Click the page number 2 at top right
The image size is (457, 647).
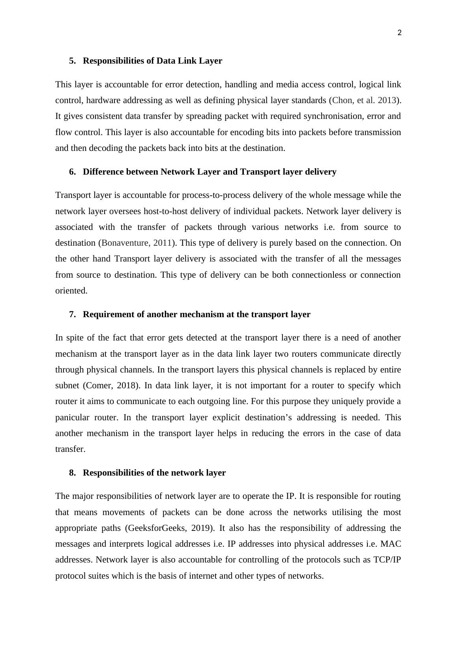coord(399,33)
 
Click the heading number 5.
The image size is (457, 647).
coord(72,61)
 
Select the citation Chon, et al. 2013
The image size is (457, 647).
coord(364,100)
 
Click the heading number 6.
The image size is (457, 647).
coord(72,172)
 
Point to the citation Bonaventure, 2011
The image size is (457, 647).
coord(137,243)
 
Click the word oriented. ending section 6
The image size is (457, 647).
coord(71,291)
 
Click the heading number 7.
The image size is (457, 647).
coord(72,314)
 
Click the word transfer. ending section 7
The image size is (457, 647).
coord(70,449)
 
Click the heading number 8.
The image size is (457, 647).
coord(72,473)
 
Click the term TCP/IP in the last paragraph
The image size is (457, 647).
coord(387,560)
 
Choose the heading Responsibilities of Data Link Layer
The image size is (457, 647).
coord(152,61)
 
